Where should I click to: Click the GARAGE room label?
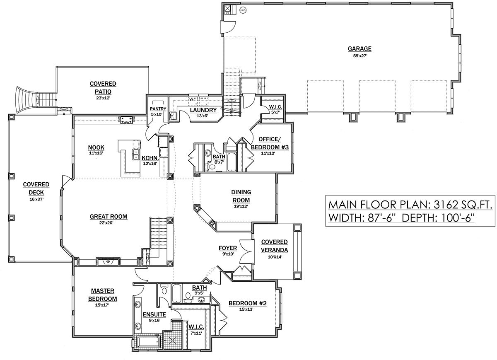[359, 48]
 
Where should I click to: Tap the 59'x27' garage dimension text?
[360, 56]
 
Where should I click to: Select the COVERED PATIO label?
[103, 88]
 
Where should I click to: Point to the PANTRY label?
[158, 109]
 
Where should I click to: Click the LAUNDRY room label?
[203, 110]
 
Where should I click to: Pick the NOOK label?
[96, 147]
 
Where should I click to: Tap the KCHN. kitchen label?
[150, 158]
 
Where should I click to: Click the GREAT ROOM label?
[109, 216]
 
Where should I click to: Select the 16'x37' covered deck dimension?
[36, 199]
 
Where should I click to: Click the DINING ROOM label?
[241, 196]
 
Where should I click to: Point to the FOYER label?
[228, 248]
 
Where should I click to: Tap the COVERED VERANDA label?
[275, 246]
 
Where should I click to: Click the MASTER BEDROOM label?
[103, 295]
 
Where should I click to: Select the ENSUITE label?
[154, 314]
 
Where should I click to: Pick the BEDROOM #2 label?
[247, 303]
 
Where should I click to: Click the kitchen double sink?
[135, 155]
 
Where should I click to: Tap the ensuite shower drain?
[172, 340]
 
